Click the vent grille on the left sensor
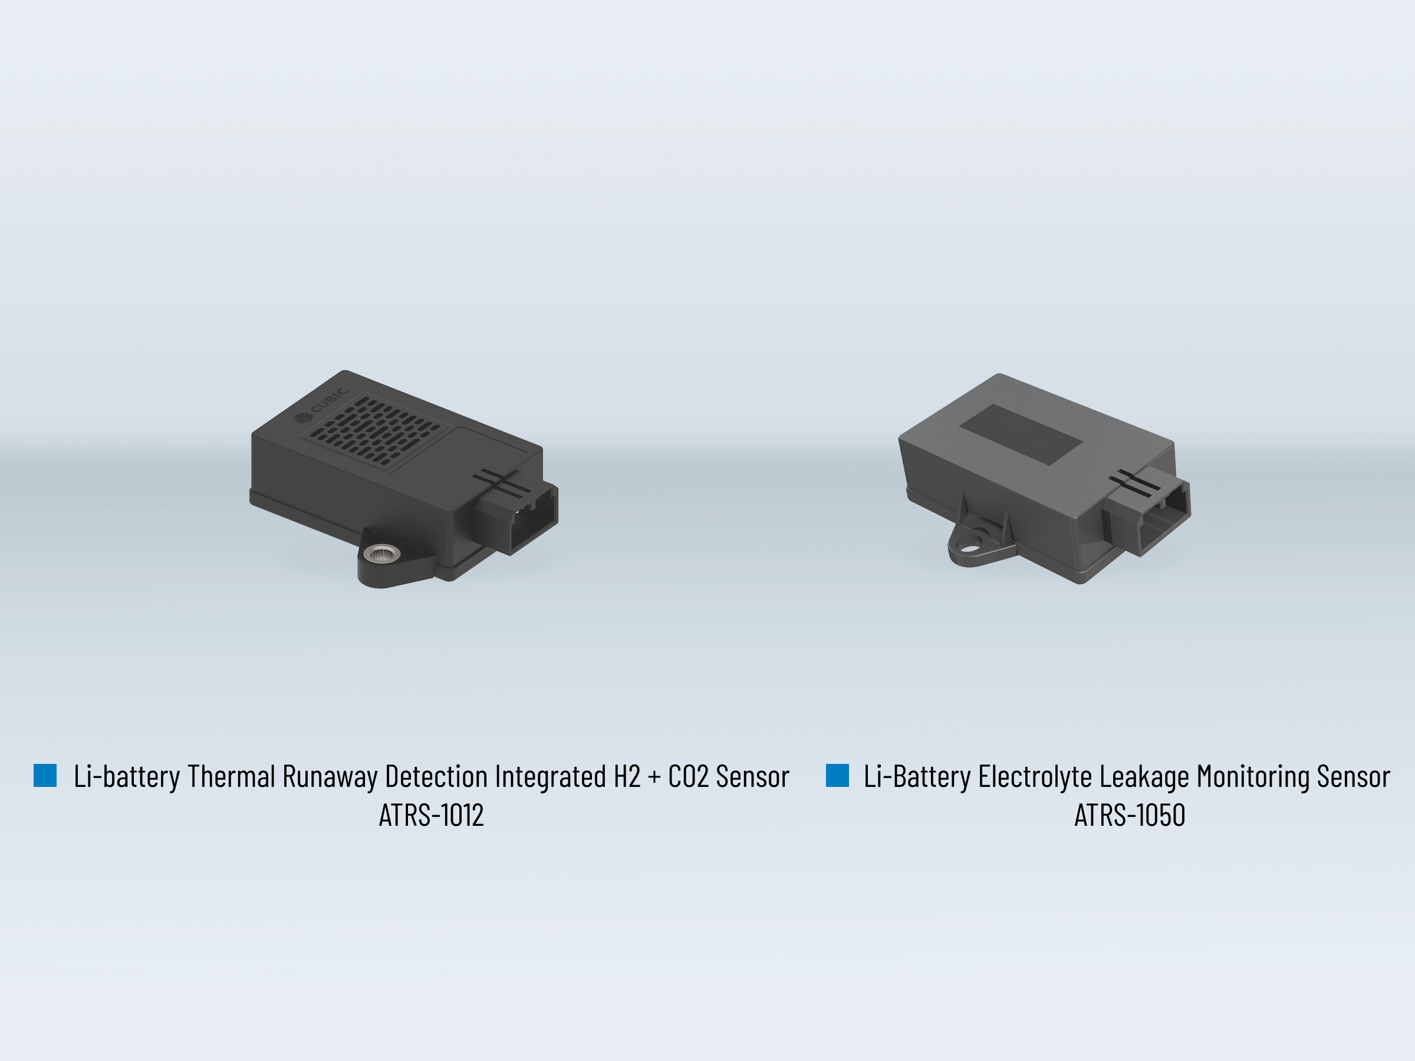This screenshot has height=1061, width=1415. (x=374, y=430)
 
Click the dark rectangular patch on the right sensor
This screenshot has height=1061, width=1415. (x=1021, y=434)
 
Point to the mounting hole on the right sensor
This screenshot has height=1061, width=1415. (x=971, y=547)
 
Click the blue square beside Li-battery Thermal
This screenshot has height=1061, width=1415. (x=45, y=775)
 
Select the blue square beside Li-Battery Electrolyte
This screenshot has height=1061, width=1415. (x=837, y=775)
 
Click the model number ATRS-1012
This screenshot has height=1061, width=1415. (x=431, y=815)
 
